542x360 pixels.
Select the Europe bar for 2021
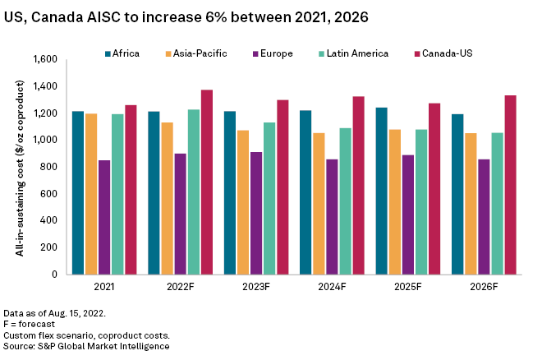[x=104, y=217]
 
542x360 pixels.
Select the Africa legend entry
[x=122, y=53]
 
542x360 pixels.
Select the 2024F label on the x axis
[x=333, y=287]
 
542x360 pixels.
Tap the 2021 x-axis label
[x=104, y=287]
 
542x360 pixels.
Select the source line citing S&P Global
[x=86, y=346]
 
